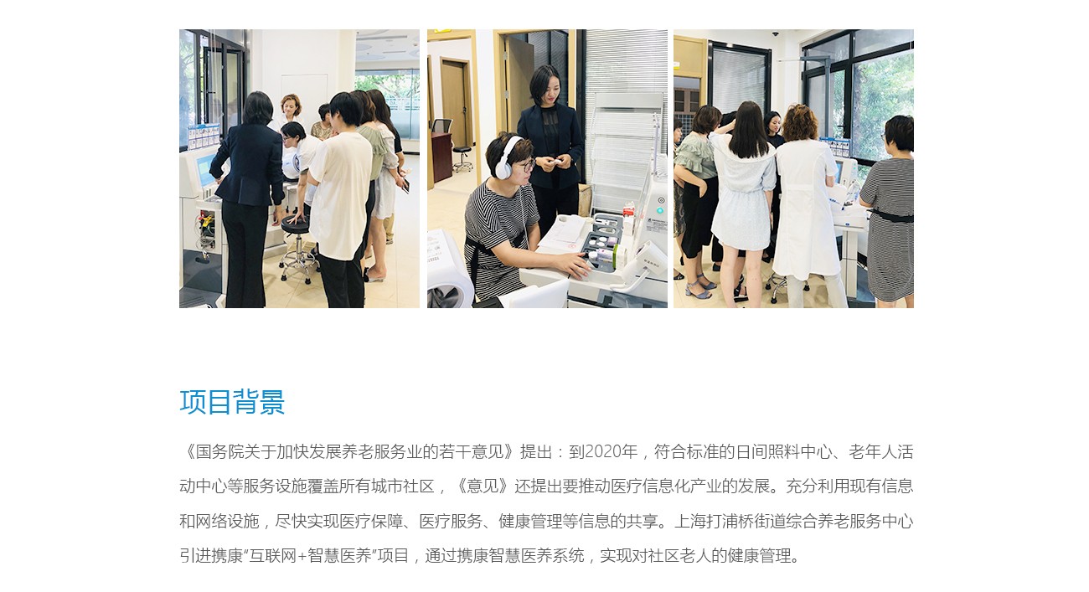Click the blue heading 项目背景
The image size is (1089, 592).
tap(232, 402)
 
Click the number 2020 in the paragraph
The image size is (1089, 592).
tap(603, 452)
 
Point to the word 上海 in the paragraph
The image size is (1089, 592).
tap(690, 521)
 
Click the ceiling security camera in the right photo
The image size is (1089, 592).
tap(776, 34)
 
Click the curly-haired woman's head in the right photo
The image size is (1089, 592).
tap(799, 123)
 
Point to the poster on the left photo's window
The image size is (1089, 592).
tap(204, 136)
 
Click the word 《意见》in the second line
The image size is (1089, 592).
tap(483, 486)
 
